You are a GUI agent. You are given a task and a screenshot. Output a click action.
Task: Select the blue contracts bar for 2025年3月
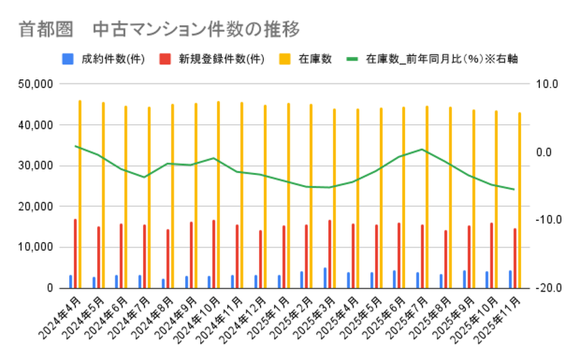[x=325, y=277]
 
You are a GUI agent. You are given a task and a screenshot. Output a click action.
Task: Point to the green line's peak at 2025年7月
[x=422, y=149]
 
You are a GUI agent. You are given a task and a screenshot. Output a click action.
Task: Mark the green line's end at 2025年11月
[x=514, y=189]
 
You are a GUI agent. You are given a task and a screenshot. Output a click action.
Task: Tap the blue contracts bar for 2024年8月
[x=163, y=283]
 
